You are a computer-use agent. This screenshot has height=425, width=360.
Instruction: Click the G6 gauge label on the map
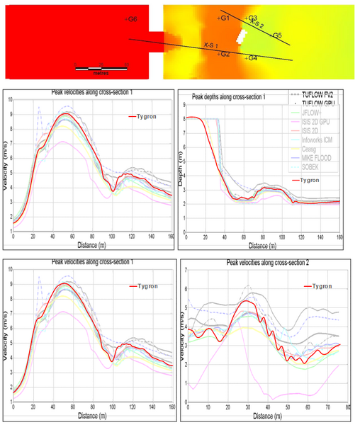tap(132, 19)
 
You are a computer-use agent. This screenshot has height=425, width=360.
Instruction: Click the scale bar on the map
tap(100, 69)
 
